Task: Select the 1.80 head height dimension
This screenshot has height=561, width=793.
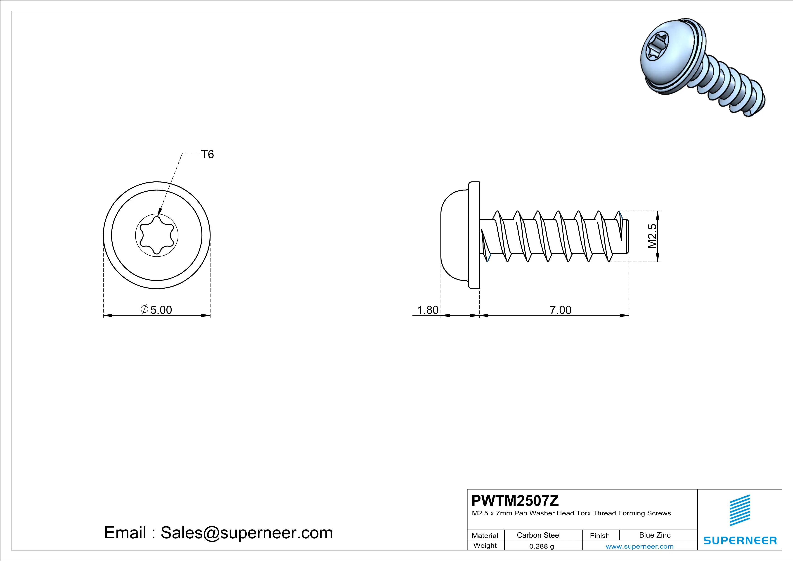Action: (x=428, y=310)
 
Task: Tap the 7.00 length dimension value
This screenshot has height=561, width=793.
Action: (x=560, y=310)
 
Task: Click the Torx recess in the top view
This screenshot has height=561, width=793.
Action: (x=157, y=235)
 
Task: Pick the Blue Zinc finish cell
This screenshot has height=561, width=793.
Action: (x=654, y=535)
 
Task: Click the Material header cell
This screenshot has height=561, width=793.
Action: (x=485, y=535)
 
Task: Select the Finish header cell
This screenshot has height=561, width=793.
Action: (x=600, y=535)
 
